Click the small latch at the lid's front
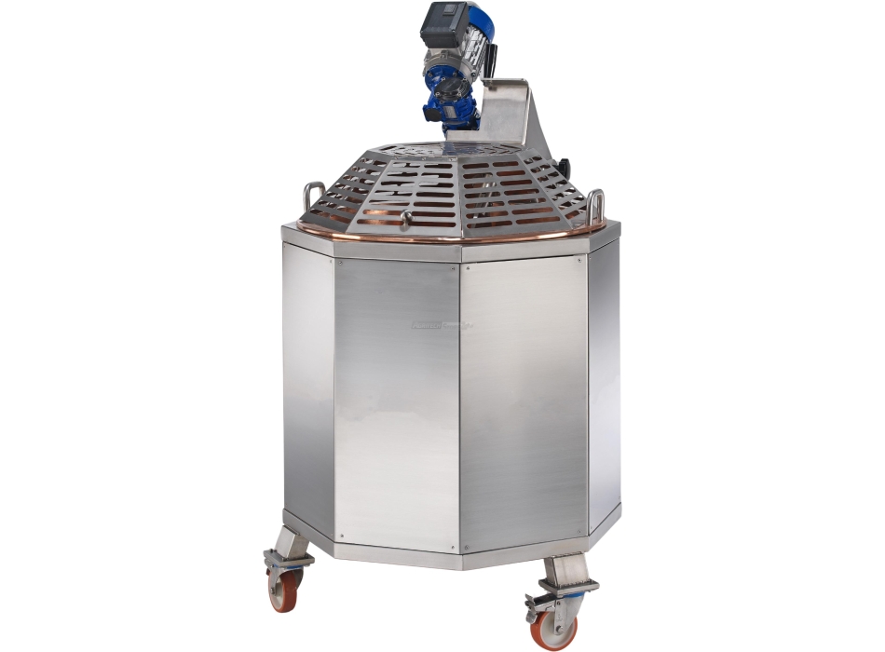click(x=405, y=219)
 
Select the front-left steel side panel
click(x=397, y=401)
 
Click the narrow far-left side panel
click(x=308, y=382)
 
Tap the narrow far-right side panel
click(x=604, y=382)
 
